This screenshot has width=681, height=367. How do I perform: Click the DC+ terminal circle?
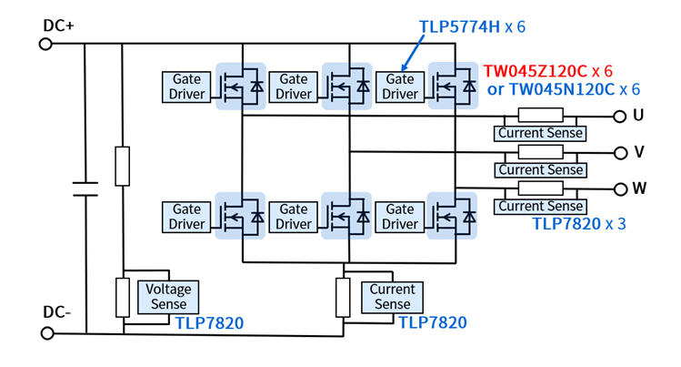pos(45,44)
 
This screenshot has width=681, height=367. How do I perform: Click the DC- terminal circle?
pos(47,333)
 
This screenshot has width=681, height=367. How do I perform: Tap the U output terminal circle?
pos(620,117)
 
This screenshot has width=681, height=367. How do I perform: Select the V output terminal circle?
pos(621,153)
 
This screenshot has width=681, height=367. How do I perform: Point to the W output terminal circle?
pos(621,189)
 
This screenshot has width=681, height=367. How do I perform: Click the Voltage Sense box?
pos(168,297)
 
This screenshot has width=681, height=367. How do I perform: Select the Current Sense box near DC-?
pos(392,298)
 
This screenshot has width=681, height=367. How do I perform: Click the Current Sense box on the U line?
pos(540,134)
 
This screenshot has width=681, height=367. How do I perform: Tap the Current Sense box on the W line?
pos(540,207)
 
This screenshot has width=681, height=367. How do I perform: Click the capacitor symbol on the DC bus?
pos(85,189)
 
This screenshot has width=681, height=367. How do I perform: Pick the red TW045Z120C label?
pos(535,71)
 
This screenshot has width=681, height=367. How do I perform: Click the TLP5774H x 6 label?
pos(472,27)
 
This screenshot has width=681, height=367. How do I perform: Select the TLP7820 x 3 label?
pos(579,224)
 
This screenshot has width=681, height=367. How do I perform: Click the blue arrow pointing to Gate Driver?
pos(413,52)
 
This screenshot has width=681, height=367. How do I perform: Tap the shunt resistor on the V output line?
pos(541,152)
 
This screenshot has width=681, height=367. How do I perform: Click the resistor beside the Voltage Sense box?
pos(123,298)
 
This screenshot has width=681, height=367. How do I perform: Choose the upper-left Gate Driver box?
pos(186,87)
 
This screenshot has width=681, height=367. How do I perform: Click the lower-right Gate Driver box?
pos(399,217)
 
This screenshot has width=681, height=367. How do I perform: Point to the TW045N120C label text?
pos(562,89)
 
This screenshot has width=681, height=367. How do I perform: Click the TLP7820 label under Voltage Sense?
pos(209,323)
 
